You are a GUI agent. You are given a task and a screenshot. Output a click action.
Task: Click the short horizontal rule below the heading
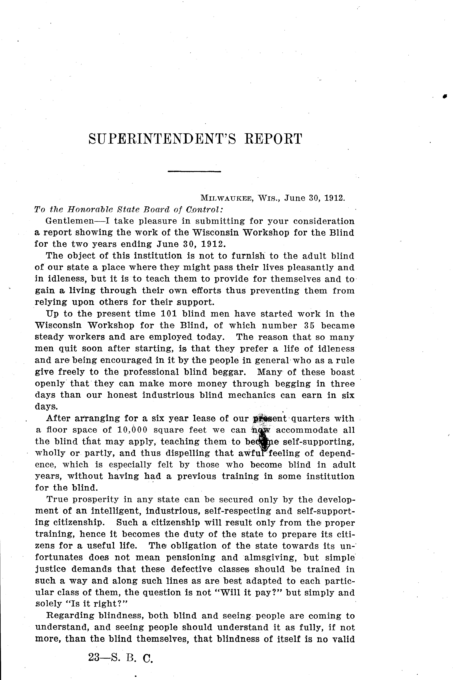[x=194, y=172]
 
